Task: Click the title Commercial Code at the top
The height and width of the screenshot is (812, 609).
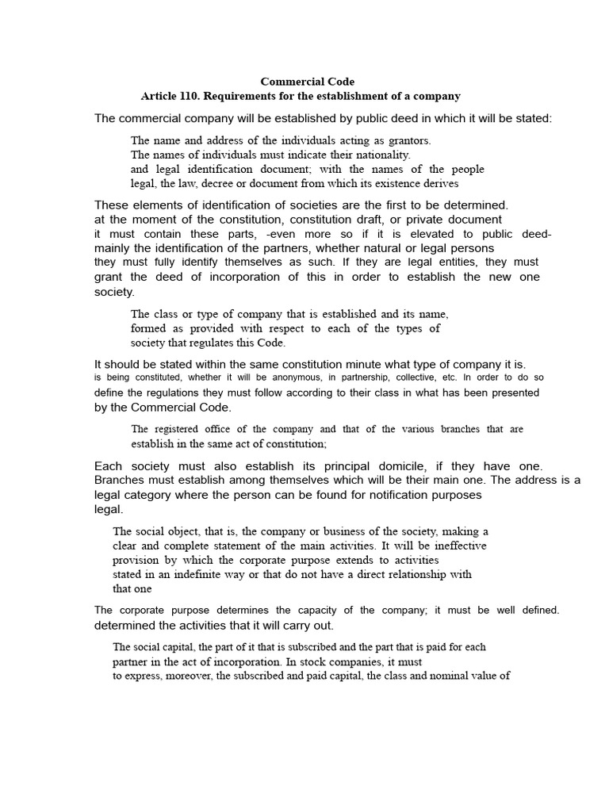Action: [x=308, y=82]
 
